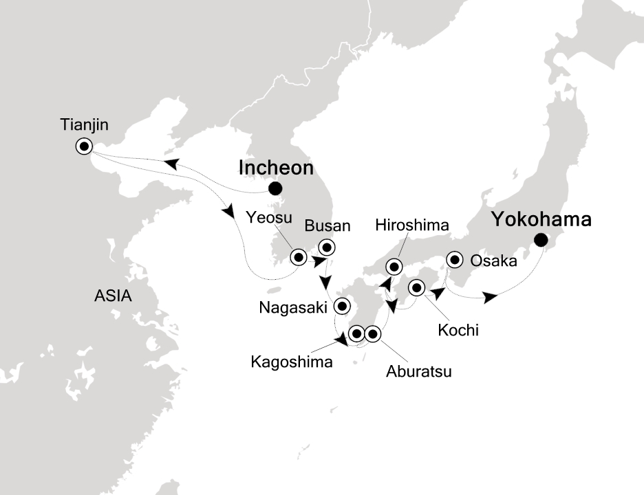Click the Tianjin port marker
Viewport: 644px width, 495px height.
click(x=85, y=146)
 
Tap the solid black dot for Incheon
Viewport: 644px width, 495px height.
click(x=275, y=188)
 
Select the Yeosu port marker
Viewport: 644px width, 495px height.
click(x=299, y=257)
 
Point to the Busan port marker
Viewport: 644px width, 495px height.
click(x=327, y=247)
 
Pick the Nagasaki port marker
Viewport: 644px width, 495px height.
click(x=342, y=306)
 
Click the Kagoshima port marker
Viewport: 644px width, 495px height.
click(x=356, y=334)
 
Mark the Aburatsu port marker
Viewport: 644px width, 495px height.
click(x=372, y=334)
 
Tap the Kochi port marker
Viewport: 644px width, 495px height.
click(x=416, y=287)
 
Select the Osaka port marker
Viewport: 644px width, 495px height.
click(x=454, y=260)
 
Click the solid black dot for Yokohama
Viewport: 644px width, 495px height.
click(x=541, y=240)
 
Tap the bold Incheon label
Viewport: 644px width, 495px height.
click(x=276, y=168)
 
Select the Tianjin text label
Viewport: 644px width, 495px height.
click(x=84, y=126)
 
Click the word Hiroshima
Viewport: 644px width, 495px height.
click(x=413, y=225)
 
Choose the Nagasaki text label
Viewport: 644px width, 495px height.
click(x=292, y=308)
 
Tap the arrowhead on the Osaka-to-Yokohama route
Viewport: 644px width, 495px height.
click(x=489, y=297)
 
